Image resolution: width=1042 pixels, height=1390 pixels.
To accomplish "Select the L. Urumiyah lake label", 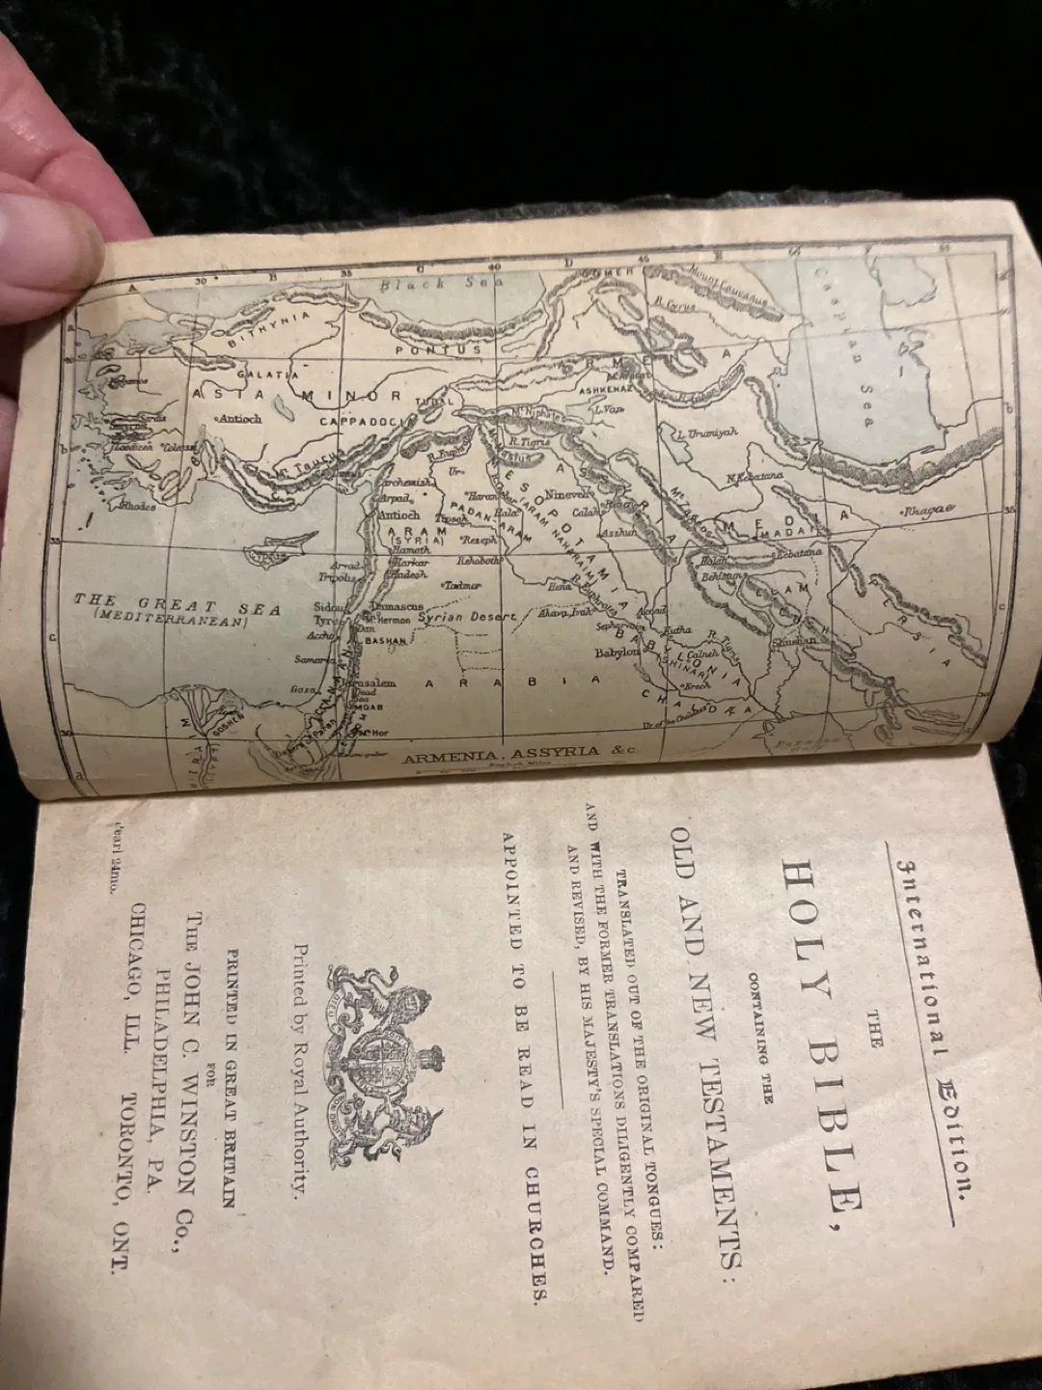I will pyautogui.click(x=707, y=431).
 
